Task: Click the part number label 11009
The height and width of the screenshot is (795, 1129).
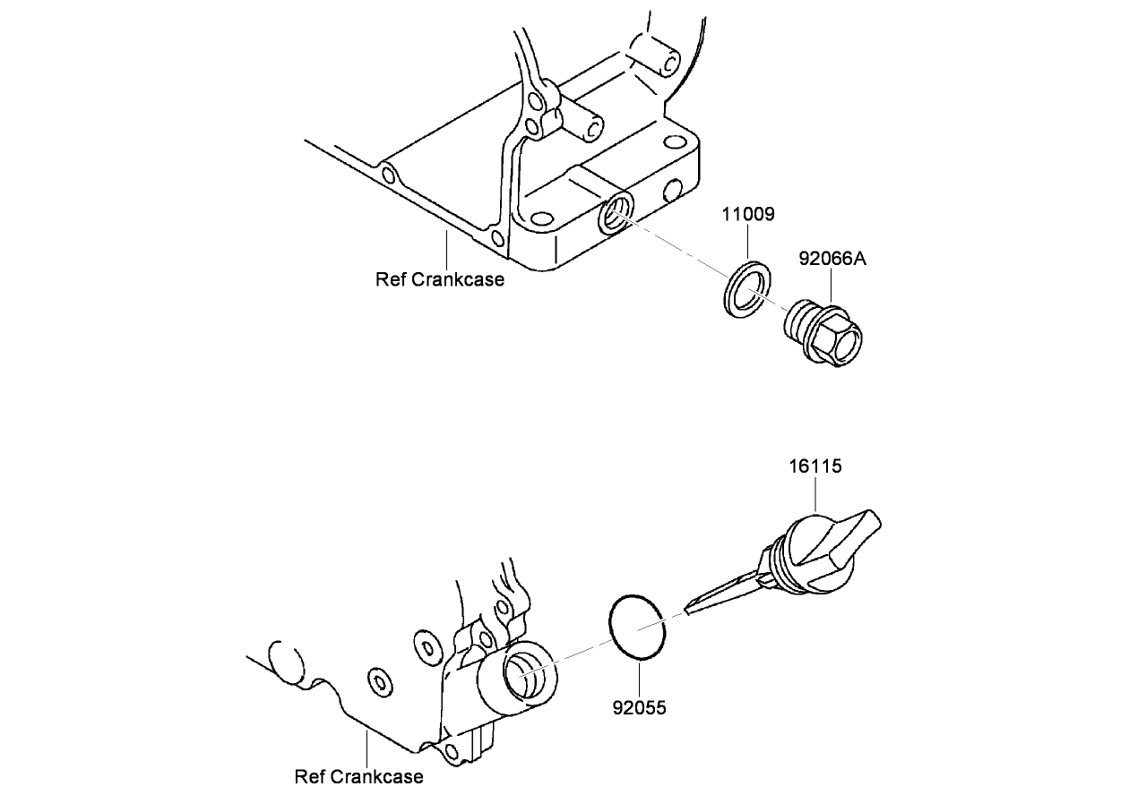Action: pos(749,215)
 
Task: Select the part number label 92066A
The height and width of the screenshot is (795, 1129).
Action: pos(832,260)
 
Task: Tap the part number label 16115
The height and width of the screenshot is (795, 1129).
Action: pos(815,466)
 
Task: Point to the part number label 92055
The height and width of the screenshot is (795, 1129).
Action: pos(639,708)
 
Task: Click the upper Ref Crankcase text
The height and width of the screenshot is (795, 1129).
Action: pos(440,279)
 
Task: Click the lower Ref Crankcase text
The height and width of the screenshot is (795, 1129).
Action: pos(358,776)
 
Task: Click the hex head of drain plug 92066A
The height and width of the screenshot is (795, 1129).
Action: pos(840,339)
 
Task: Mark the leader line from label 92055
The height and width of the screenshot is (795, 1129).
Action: pos(639,680)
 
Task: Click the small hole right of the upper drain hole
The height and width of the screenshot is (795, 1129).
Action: pos(673,192)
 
